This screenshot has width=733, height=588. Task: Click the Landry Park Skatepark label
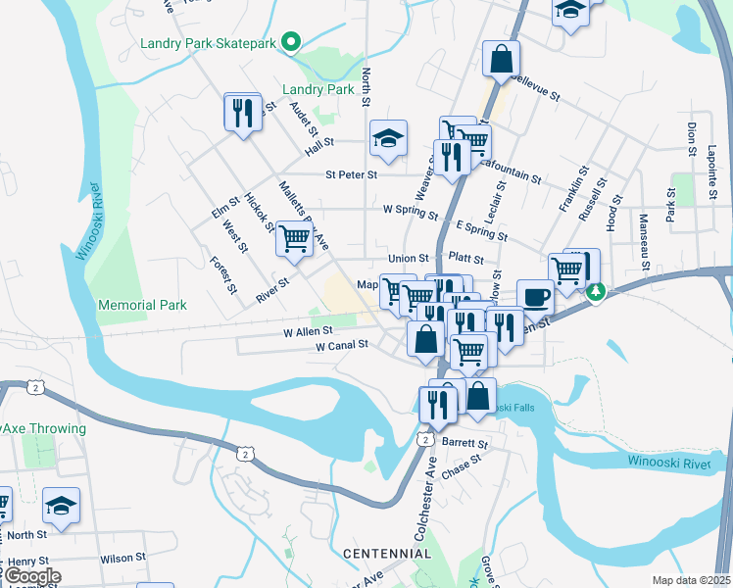[208, 42]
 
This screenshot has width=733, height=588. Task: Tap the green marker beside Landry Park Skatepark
[290, 41]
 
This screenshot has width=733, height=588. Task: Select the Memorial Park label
[142, 305]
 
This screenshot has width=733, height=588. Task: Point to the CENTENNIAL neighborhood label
[387, 554]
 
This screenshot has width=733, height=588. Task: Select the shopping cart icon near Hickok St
[294, 238]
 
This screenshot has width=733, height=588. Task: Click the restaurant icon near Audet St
[242, 111]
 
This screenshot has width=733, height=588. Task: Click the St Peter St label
[351, 174]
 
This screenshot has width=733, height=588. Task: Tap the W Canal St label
[341, 345]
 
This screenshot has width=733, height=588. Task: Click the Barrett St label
[458, 442]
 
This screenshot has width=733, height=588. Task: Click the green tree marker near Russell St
[595, 291]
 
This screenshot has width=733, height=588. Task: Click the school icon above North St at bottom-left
[62, 507]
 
